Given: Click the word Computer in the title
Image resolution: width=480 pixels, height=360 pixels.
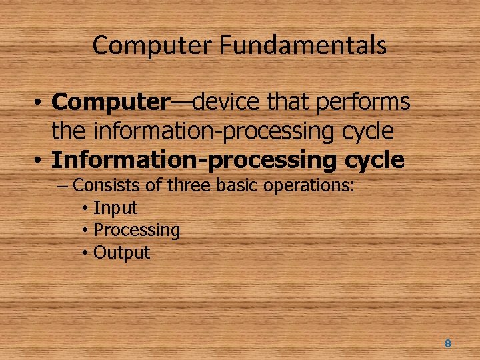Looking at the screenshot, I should point(153,45).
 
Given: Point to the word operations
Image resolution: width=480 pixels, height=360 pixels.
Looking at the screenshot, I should point(309,185).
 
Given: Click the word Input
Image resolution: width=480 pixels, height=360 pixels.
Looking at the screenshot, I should point(115,208).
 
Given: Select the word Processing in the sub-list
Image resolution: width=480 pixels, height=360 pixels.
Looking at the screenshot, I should point(137,231).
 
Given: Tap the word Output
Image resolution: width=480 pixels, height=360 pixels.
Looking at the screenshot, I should point(122,253).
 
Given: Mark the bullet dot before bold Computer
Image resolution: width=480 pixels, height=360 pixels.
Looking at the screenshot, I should point(41,103).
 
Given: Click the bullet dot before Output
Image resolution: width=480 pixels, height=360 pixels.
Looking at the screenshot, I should point(85,253).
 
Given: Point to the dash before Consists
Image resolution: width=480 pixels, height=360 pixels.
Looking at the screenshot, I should point(63,185).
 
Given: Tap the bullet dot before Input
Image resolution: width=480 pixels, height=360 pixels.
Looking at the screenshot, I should point(85,209).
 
